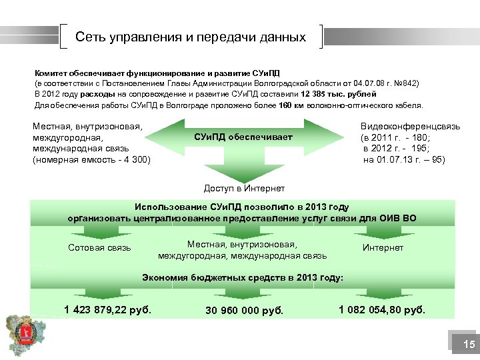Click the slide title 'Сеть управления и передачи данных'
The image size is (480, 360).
pos(191,37)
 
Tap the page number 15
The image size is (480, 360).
pos(469,345)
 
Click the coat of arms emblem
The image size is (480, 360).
pos(19,334)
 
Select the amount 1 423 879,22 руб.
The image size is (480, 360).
pos(108,309)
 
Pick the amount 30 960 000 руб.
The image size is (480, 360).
pos(245,311)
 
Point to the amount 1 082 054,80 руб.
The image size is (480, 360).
pos(382,309)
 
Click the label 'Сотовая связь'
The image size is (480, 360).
pos(100,249)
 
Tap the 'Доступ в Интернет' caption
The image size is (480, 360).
pos(244,189)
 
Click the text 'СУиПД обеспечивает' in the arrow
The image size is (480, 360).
pos(243,137)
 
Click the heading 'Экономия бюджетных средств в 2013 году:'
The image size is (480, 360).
pos(243,278)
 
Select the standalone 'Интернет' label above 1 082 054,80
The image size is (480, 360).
pos(383,248)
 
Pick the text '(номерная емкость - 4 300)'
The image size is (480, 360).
pos(92,159)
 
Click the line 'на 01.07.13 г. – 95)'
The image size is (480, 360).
pos(404,159)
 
